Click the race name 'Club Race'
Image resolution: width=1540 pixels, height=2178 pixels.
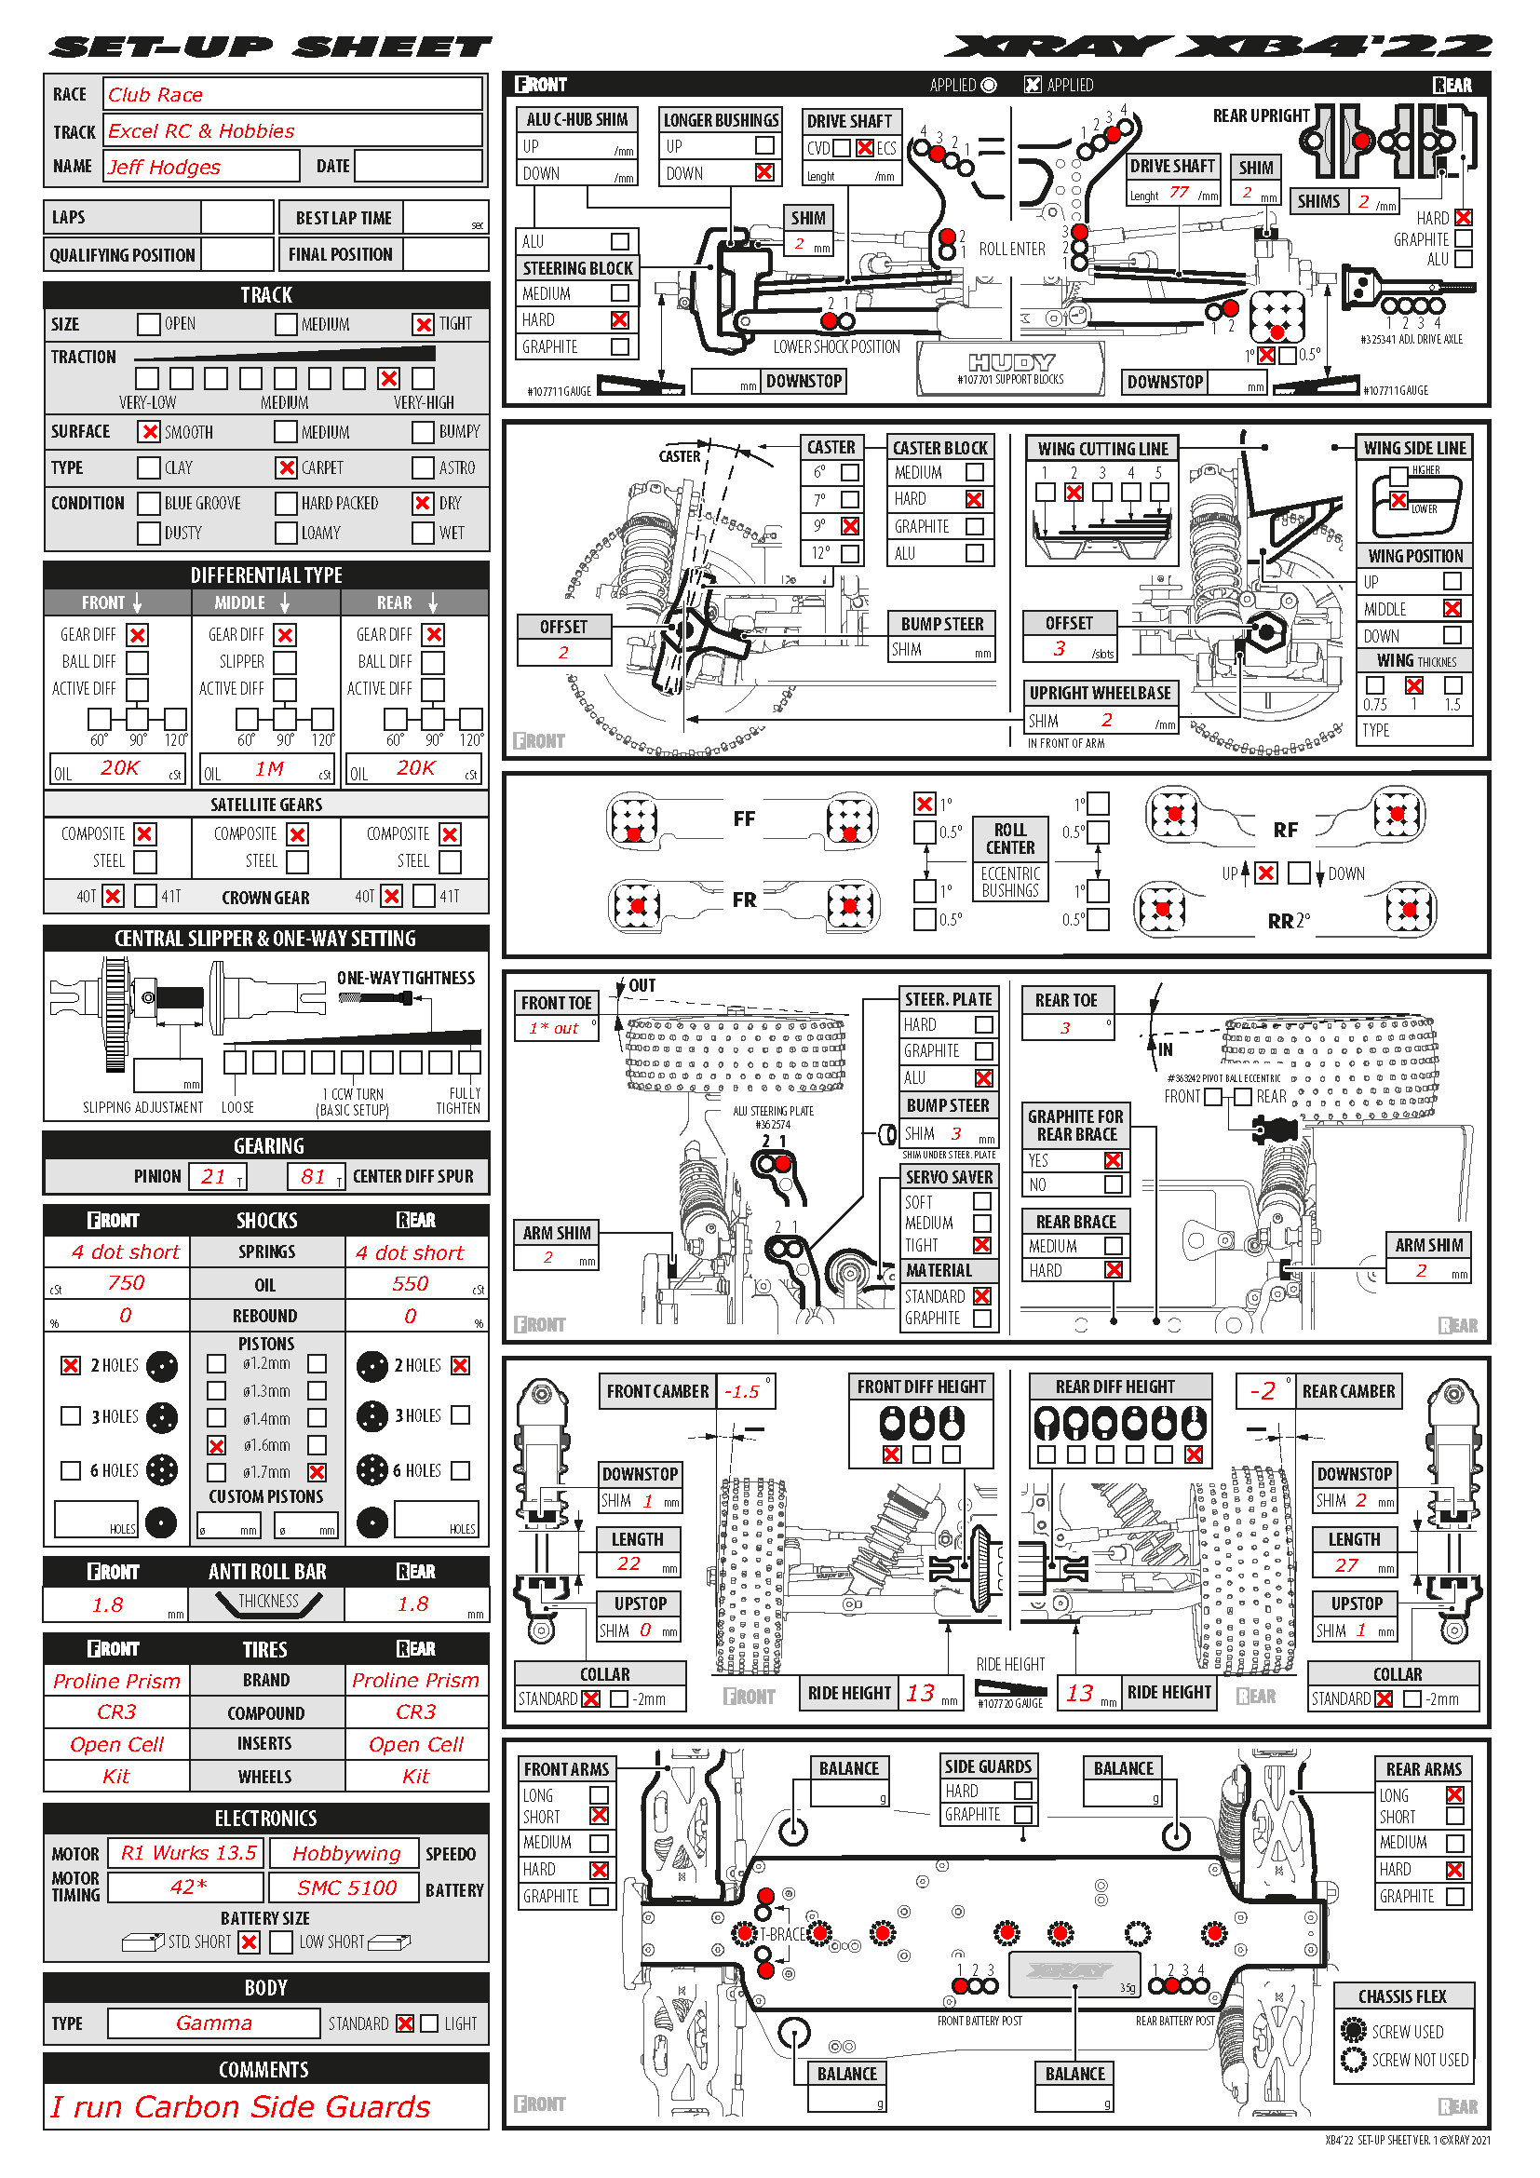[155, 95]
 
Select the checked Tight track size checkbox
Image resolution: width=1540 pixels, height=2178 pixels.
[423, 324]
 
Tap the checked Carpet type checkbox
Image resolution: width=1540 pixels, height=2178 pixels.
[287, 467]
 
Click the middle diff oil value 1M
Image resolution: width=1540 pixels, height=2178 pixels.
[269, 769]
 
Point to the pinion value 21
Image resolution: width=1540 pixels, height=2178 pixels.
[214, 1176]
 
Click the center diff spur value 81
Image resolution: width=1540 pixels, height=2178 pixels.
[314, 1176]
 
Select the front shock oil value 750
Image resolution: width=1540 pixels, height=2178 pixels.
[126, 1283]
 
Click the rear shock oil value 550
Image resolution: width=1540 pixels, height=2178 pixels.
[411, 1283]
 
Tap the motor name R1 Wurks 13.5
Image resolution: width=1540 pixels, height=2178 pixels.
[189, 1853]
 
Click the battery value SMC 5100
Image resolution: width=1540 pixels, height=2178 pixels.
[347, 1887]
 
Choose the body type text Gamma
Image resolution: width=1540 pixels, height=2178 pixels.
[214, 2022]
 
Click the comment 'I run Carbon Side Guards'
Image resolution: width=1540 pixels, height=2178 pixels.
[241, 2107]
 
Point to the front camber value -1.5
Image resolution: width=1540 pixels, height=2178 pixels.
[742, 1391]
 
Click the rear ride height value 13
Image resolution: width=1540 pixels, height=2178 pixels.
[1079, 1693]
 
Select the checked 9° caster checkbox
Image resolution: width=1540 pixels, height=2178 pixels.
[851, 526]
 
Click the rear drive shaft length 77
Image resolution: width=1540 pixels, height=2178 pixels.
[1179, 192]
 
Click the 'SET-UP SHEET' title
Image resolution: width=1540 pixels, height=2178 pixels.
[272, 46]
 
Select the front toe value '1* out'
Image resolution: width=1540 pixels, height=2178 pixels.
[554, 1028]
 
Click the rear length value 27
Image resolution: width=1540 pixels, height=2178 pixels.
[1346, 1565]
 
